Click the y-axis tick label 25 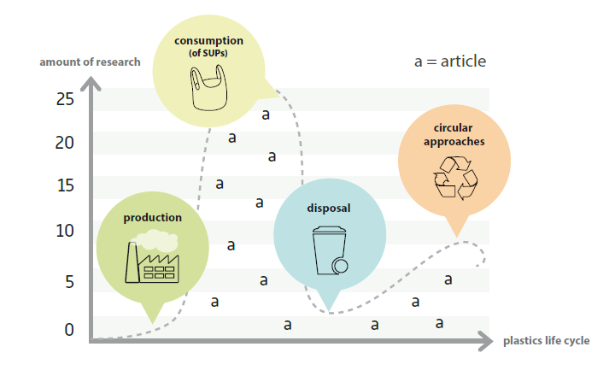[65, 99]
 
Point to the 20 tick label [65, 143]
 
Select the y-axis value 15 [65, 186]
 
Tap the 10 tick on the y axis [65, 231]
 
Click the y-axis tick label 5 [69, 281]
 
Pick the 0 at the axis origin [69, 330]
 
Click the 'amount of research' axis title [90, 62]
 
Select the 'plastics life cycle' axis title [546, 341]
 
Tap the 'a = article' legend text [449, 62]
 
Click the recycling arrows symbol [454, 177]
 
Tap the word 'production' [152, 217]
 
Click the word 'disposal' [329, 208]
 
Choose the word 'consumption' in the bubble [208, 41]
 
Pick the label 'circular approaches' [454, 134]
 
